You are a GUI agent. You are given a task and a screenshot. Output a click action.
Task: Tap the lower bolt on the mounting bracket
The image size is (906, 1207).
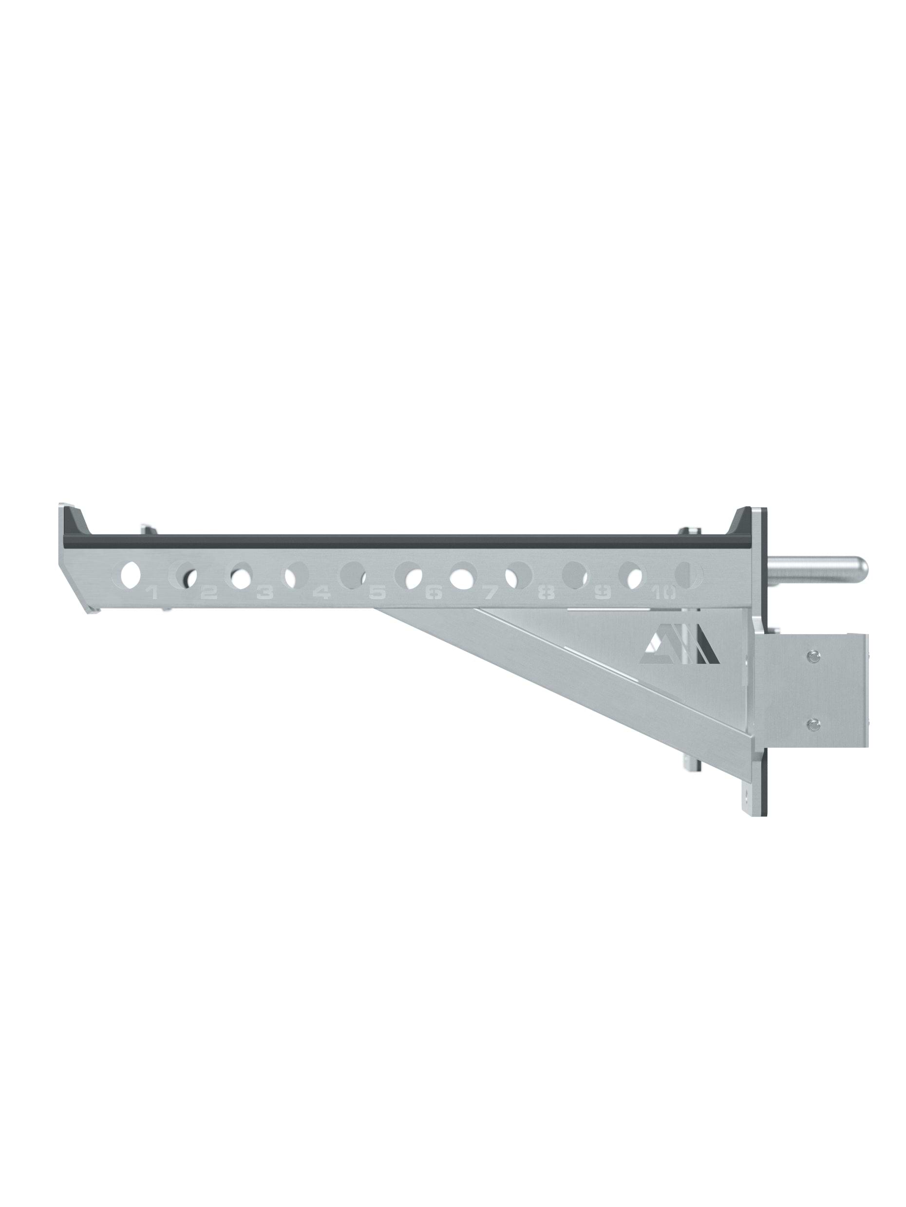pos(814,724)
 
